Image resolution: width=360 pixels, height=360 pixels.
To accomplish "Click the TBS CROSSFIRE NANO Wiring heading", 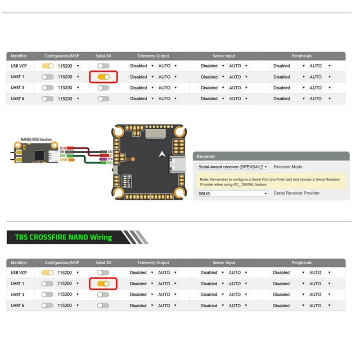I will [63, 237].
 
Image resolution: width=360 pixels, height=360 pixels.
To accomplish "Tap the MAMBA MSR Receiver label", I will [36, 140].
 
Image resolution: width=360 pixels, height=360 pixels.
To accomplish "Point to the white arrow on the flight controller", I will [162, 153].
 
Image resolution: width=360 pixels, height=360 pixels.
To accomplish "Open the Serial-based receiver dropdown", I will [233, 166].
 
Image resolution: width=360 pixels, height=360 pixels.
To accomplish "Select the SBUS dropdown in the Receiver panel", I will [233, 193].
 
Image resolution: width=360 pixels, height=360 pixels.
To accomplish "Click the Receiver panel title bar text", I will [206, 157].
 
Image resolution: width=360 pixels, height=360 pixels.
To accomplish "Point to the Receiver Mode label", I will [288, 166].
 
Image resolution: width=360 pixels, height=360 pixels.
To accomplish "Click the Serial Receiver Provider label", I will [297, 193].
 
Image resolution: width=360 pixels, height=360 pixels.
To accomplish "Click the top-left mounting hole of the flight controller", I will [118, 132].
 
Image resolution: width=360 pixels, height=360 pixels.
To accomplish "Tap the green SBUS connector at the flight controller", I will [109, 163].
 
